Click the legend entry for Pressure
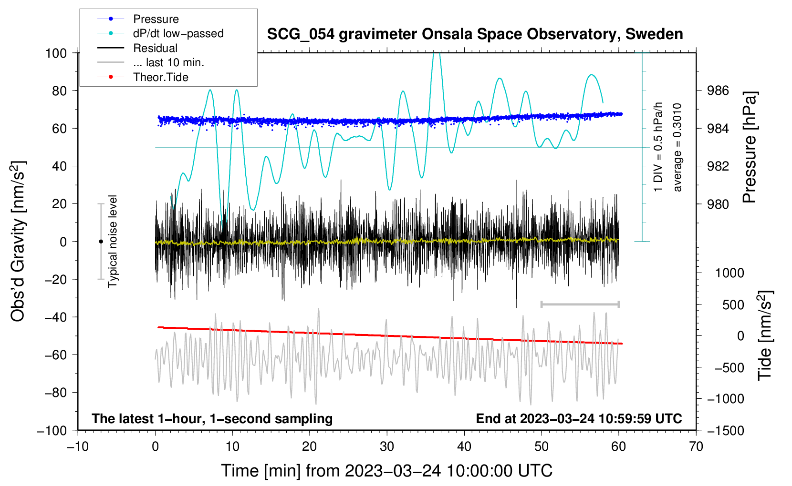138,19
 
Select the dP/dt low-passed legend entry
160,33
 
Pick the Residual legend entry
137,48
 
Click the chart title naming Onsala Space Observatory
475,34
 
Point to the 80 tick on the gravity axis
59,91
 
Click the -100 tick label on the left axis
52,431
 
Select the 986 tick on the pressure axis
718,91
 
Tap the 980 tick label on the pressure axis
718,204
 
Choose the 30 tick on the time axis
387,446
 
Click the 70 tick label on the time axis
696,446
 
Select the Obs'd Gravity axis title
18,241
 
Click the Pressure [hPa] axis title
749,147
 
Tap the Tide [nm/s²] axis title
765,335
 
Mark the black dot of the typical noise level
101,242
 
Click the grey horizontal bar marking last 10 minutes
580,304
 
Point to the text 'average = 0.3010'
677,147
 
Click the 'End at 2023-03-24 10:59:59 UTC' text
579,418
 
